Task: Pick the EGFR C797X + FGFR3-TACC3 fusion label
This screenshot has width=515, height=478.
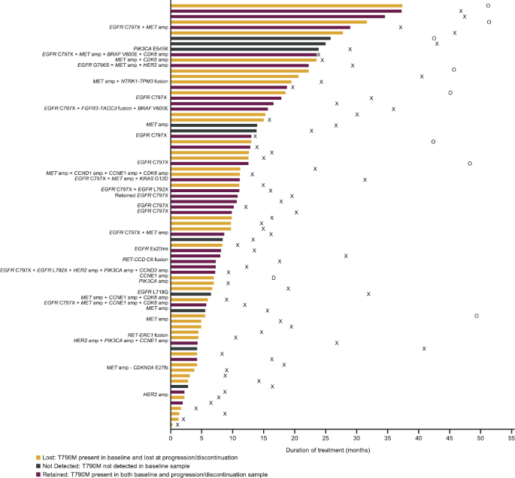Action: (106, 108)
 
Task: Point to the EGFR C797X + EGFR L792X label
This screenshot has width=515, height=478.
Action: (134, 189)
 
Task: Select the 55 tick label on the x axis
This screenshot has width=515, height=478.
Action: (510, 436)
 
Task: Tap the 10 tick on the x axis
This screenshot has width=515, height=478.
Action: (233, 436)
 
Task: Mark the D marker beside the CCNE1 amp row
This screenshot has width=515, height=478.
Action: (274, 278)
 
